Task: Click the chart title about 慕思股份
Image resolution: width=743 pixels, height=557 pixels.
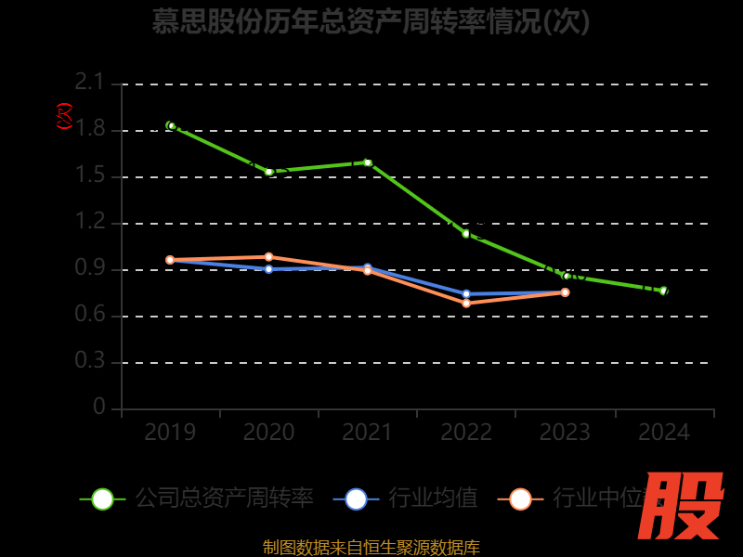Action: coord(371,20)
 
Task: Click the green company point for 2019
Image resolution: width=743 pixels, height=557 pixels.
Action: coord(171,125)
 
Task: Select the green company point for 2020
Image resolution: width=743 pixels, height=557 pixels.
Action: coord(269,172)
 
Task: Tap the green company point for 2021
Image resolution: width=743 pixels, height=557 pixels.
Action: coord(368,162)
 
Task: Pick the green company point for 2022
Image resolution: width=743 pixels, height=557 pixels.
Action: coord(466,234)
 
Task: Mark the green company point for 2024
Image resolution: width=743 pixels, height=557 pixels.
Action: coord(663,291)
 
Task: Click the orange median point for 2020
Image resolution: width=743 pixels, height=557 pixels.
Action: coord(269,257)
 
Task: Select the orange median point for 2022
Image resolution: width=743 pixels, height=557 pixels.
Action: coord(466,304)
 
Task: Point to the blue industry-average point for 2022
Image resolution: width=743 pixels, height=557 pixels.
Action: coord(466,294)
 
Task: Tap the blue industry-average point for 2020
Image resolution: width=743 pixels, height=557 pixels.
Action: coord(269,269)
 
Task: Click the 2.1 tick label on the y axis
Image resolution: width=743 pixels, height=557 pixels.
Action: coord(90,84)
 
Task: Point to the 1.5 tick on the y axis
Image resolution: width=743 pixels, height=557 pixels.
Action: coord(90,176)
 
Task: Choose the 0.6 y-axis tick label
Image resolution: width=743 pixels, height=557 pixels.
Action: coord(90,316)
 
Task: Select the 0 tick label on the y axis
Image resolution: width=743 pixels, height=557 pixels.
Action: coord(99,408)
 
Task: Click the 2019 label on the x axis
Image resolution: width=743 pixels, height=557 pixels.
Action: coord(171,433)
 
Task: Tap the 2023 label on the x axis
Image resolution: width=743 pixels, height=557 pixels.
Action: coord(565,433)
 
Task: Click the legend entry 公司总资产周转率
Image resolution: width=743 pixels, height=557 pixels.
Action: coord(223,499)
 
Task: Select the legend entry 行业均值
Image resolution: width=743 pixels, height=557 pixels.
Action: coord(433,499)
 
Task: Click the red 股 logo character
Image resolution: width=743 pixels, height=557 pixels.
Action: coord(683,506)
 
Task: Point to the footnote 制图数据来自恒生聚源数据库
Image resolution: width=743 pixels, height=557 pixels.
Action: coord(371,548)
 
